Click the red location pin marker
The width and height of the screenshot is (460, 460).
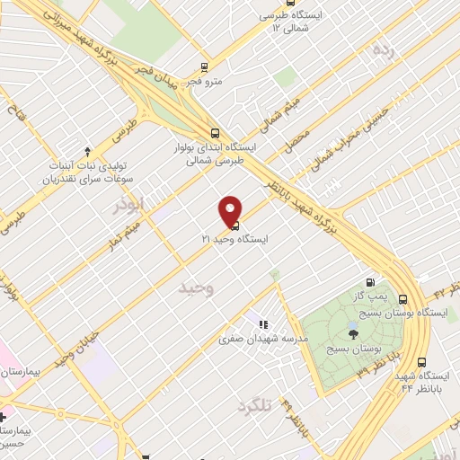[x=231, y=210]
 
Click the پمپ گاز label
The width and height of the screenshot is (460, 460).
[x=367, y=296]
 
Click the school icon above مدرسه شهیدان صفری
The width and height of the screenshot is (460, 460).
[x=263, y=324]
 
